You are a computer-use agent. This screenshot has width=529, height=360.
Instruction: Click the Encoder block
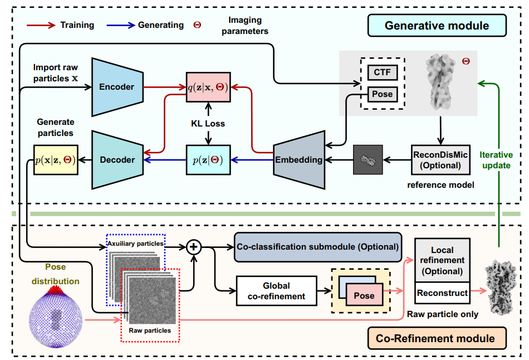coord(116,86)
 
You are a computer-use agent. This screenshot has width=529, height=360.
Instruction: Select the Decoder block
coord(117,160)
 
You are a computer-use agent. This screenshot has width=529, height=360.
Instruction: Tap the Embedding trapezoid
coord(299,160)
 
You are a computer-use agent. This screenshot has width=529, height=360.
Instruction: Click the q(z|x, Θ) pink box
coord(208,87)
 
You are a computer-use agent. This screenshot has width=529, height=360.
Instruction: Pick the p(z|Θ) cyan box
coord(208,160)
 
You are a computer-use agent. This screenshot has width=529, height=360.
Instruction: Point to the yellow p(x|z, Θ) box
coord(55,160)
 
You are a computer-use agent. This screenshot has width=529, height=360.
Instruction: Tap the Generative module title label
coord(437,26)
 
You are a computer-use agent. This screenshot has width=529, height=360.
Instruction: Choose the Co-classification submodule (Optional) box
coord(318,246)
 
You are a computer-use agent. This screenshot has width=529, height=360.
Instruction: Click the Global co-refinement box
coord(277,290)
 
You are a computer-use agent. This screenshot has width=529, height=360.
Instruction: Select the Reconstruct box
coord(443,292)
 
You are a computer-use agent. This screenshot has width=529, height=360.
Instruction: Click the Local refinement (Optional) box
coord(443,261)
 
